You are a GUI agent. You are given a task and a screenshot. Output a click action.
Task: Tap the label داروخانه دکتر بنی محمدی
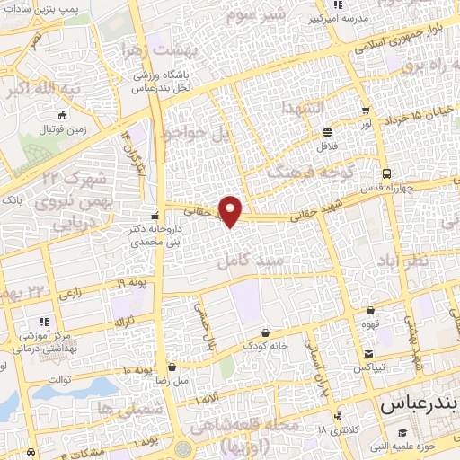click(x=131, y=236)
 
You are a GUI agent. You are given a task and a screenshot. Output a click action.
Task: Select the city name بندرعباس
click(x=419, y=406)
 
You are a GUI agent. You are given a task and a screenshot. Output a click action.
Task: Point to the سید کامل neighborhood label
click(x=251, y=261)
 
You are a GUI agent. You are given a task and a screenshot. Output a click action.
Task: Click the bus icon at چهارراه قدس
click(x=385, y=172)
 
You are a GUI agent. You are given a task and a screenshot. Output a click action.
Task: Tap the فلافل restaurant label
click(x=327, y=145)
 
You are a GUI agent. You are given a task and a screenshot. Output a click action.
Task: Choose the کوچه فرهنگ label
click(x=315, y=170)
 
